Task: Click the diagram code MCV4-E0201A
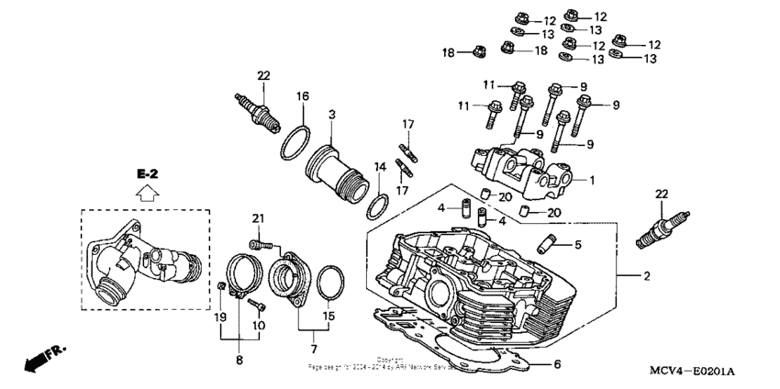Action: pyautogui.click(x=693, y=370)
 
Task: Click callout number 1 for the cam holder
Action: pyautogui.click(x=592, y=181)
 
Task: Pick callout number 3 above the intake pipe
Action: pyautogui.click(x=331, y=117)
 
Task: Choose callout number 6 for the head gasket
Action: pyautogui.click(x=556, y=364)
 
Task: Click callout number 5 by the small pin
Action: pyautogui.click(x=578, y=245)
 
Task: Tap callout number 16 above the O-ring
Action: pyautogui.click(x=302, y=95)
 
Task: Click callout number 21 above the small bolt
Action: pyautogui.click(x=259, y=217)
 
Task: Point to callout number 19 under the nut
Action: pyautogui.click(x=220, y=317)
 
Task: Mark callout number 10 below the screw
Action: pyautogui.click(x=259, y=325)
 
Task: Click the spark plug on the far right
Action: pyautogui.click(x=658, y=234)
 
